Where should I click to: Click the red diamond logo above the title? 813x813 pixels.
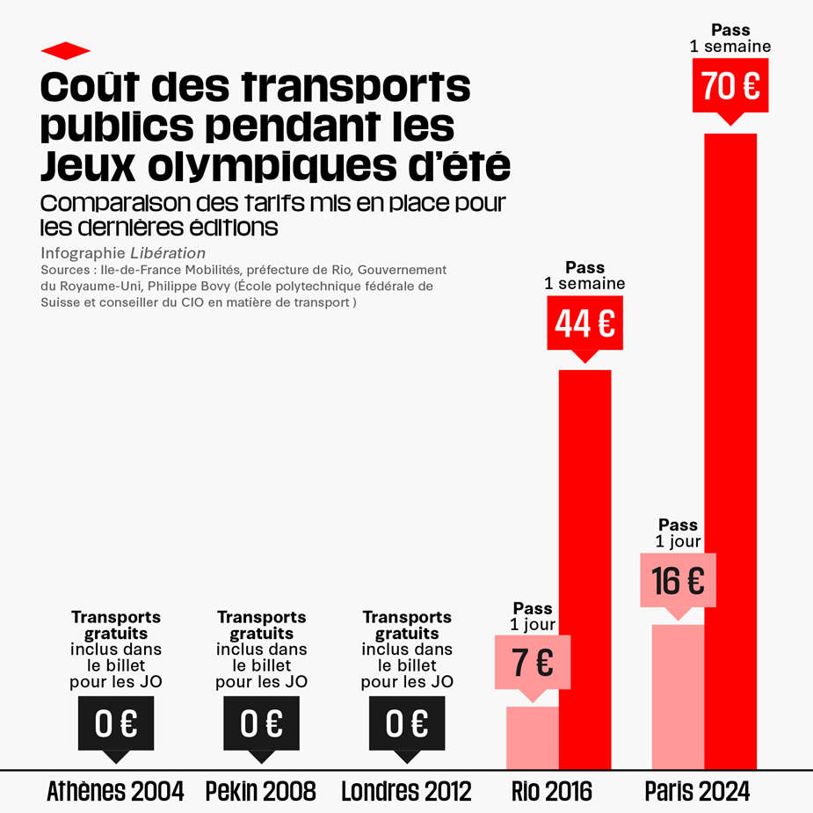(66, 49)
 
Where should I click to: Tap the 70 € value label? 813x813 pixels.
(730, 85)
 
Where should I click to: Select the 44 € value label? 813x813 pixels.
(584, 323)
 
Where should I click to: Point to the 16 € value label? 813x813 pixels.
(679, 580)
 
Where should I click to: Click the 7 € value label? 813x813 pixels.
(533, 662)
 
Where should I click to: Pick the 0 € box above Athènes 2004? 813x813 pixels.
(116, 723)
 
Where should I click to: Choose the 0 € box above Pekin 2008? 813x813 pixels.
(261, 723)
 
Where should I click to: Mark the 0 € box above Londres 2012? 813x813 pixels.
(407, 723)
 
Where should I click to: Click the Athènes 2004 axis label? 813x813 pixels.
(115, 791)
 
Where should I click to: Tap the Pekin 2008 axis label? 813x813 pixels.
(260, 791)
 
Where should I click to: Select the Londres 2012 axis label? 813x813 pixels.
(406, 791)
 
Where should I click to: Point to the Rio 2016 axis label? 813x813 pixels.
(552, 791)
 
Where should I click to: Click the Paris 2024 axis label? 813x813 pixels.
(697, 791)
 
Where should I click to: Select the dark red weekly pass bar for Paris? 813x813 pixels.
(730, 448)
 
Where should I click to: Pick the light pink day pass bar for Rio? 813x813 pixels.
(533, 737)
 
